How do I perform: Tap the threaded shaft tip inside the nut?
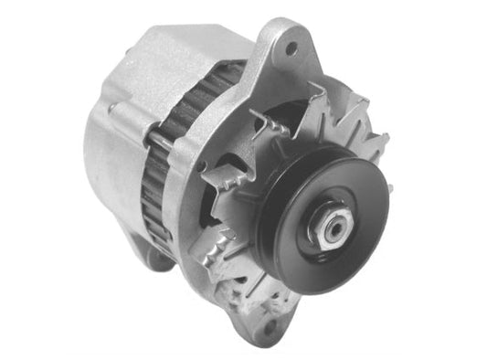tap(329, 228)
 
